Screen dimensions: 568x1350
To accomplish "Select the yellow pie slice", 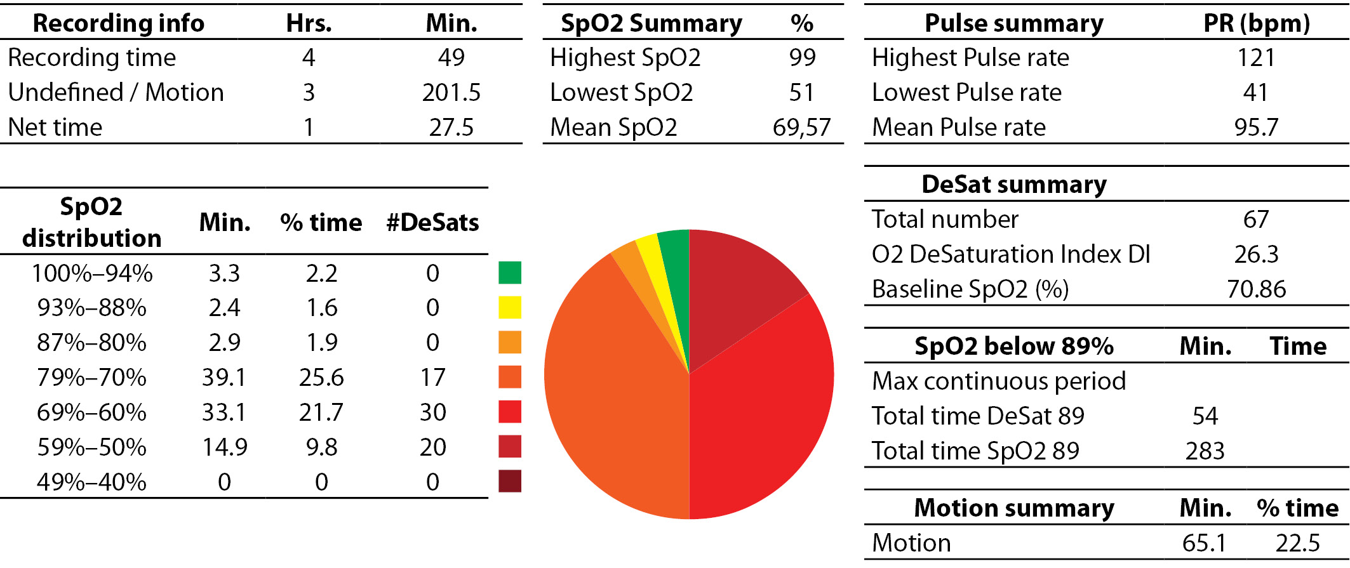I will tap(654, 273).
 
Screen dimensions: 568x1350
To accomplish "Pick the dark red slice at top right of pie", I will tap(737, 286).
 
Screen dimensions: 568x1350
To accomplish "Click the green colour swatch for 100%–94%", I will tap(510, 273).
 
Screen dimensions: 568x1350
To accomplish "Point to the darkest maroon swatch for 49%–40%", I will tap(510, 481).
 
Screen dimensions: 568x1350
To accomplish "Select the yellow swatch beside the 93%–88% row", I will tap(510, 308).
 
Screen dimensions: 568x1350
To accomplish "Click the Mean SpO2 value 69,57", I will tap(801, 128).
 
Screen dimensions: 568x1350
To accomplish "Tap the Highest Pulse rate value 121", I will tap(1255, 58).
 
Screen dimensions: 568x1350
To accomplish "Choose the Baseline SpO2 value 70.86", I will tap(1256, 289).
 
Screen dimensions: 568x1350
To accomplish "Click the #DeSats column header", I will tap(432, 223).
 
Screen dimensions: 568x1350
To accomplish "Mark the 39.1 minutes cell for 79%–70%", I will tap(224, 378).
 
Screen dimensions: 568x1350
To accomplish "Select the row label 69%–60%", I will tap(91, 413).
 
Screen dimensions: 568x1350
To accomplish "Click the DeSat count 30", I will tap(432, 413).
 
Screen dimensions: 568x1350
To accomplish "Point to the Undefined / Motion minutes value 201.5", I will tap(451, 93).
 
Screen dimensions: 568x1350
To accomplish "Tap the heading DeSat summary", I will tap(1013, 185).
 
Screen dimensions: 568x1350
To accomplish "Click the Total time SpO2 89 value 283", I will tap(1205, 451).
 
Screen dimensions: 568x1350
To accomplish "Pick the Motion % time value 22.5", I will tap(1297, 543).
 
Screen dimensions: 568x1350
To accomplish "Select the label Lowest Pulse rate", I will tap(966, 93).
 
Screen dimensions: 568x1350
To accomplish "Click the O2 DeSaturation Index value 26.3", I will tap(1256, 254).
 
